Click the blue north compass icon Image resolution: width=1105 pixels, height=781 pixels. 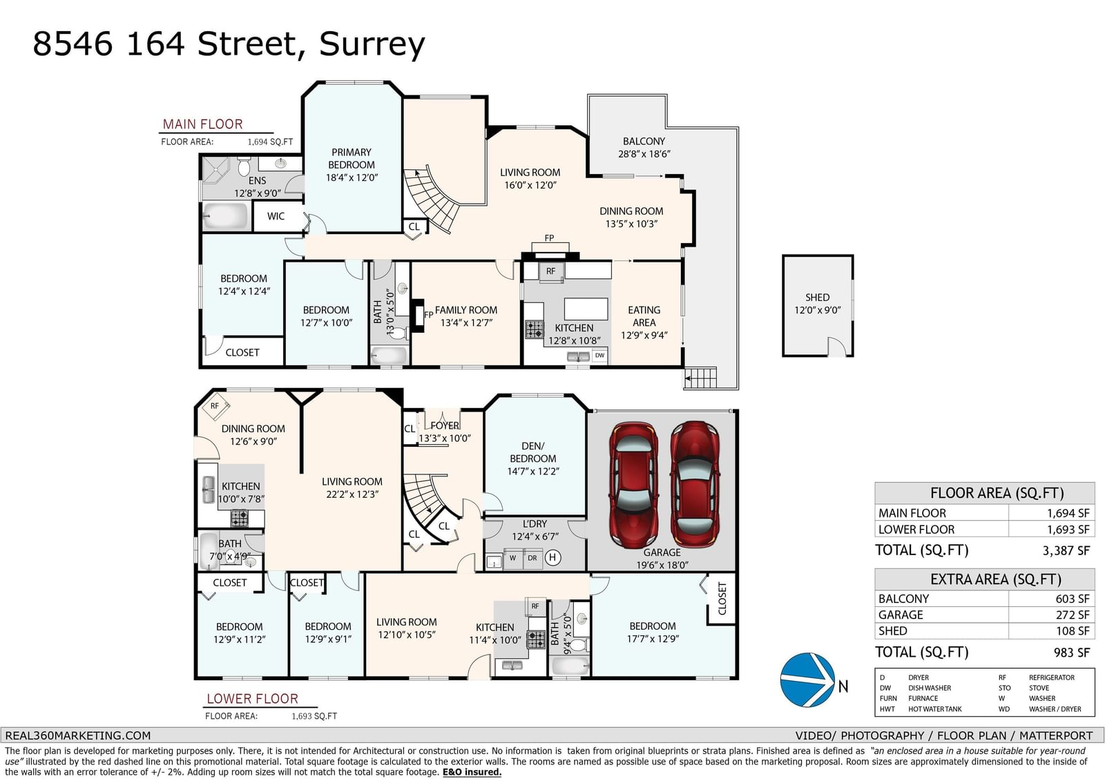807,679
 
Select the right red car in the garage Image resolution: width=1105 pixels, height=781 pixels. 694,484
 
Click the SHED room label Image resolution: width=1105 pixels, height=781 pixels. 817,298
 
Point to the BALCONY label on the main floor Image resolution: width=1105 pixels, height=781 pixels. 644,142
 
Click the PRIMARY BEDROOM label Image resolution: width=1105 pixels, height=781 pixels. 352,159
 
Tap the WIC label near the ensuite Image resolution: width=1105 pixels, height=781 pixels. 276,216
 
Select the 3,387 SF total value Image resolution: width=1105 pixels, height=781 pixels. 1066,550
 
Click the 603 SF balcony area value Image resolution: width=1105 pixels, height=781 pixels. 1072,599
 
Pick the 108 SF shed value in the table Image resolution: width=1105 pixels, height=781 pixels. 1072,630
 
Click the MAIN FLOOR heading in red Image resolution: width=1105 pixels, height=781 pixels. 202,124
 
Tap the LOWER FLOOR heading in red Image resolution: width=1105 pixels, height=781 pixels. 252,699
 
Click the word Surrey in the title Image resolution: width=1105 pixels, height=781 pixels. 372,44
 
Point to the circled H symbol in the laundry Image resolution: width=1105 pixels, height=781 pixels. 552,557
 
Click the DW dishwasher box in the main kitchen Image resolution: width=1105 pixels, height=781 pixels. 599,356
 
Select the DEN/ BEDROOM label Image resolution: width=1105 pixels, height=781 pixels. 532,452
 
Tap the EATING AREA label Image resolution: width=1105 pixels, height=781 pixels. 644,316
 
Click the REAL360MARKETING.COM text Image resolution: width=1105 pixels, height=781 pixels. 77,735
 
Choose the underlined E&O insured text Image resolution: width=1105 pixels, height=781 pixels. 472,772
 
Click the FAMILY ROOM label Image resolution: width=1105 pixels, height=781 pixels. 466,310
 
